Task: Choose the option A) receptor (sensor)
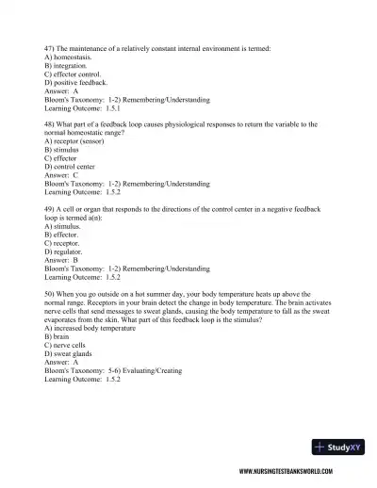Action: [78, 141]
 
